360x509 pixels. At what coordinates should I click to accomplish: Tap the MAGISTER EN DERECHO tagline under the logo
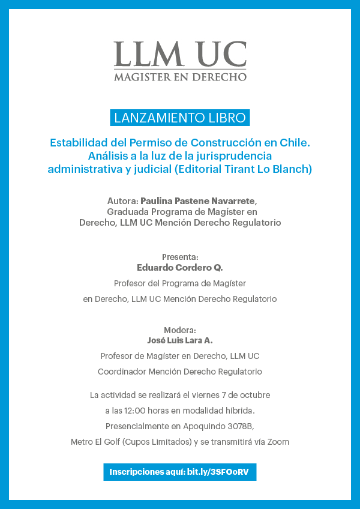[180, 77]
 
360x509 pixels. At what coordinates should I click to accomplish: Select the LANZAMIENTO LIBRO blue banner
[180, 118]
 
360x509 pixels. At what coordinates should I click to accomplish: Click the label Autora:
[122, 200]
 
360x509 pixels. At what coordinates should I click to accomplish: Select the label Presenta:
[180, 257]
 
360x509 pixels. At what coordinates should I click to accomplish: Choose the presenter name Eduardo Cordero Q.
[180, 268]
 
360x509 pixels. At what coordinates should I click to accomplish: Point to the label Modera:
[180, 330]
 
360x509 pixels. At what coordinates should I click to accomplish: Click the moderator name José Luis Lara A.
[180, 340]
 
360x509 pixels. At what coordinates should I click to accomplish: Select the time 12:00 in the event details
[135, 411]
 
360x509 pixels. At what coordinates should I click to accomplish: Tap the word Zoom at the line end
[278, 442]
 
